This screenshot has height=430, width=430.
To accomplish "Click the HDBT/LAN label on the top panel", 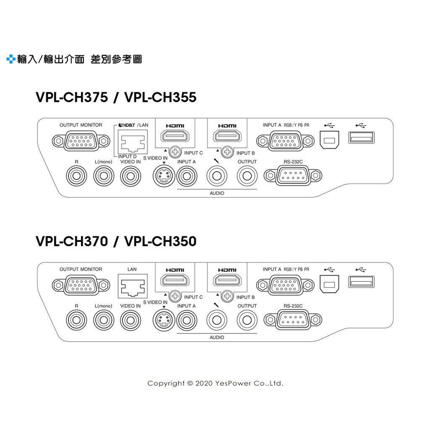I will pyautogui.click(x=131, y=125).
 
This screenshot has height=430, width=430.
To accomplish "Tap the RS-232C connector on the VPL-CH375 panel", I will pyautogui.click(x=293, y=176).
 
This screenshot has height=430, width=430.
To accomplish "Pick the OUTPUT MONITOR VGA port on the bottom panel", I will pyautogui.click(x=81, y=286).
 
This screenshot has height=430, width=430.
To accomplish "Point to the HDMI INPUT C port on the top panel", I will pyautogui.click(x=175, y=136).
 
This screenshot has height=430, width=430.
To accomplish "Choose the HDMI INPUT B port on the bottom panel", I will pyautogui.click(x=227, y=281).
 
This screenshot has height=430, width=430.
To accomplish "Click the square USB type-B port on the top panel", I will pyautogui.click(x=329, y=140).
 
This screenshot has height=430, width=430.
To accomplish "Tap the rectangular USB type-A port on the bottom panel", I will pyautogui.click(x=361, y=282).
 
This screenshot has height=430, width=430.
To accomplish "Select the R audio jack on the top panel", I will pyautogui.click(x=76, y=176).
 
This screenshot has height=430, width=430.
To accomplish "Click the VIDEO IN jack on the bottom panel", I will pyautogui.click(x=131, y=320).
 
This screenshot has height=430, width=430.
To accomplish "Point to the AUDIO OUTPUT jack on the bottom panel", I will pyautogui.click(x=247, y=320).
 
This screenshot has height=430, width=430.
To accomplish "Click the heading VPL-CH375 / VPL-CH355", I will pyautogui.click(x=116, y=97).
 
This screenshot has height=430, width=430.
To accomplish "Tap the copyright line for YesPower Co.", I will pyautogui.click(x=215, y=383).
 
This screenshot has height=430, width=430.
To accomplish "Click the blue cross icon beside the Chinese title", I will pyautogui.click(x=10, y=59).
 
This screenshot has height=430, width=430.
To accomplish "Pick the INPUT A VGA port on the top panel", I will pyautogui.click(x=286, y=141).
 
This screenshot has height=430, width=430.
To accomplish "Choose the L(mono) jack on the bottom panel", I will pyautogui.click(x=103, y=320).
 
